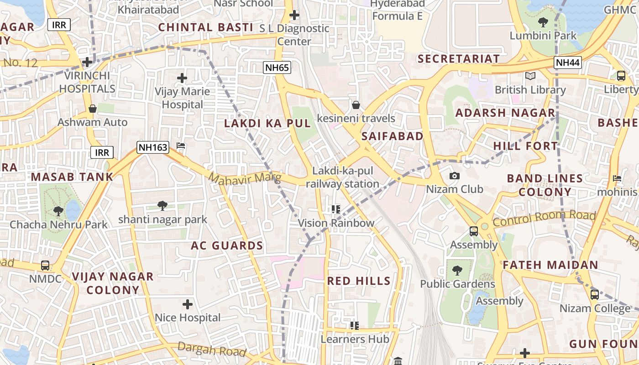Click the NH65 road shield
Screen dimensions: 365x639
point(277,68)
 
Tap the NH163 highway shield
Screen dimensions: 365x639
point(153,147)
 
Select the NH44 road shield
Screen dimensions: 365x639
point(568,63)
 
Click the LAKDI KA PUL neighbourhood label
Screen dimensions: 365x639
point(267,123)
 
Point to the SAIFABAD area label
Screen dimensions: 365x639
point(392,136)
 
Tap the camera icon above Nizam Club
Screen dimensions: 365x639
point(454,176)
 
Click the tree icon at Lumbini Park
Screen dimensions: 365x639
point(543,22)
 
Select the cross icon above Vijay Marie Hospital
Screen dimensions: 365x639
point(182,78)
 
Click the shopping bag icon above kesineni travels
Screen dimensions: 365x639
point(356,105)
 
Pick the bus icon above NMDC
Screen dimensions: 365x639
point(45,265)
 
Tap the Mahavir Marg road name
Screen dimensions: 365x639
point(245,178)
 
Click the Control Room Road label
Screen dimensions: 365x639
point(544,219)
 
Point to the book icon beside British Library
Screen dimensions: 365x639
point(530,76)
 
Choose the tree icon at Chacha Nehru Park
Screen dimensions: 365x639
point(58,211)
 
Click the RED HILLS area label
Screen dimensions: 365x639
point(359,281)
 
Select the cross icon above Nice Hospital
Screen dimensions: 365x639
point(187,304)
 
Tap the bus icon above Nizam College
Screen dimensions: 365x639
point(594,295)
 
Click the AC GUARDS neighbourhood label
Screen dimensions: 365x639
point(227,245)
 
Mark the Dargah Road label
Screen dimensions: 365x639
point(212,349)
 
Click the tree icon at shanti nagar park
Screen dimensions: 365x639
point(162,206)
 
